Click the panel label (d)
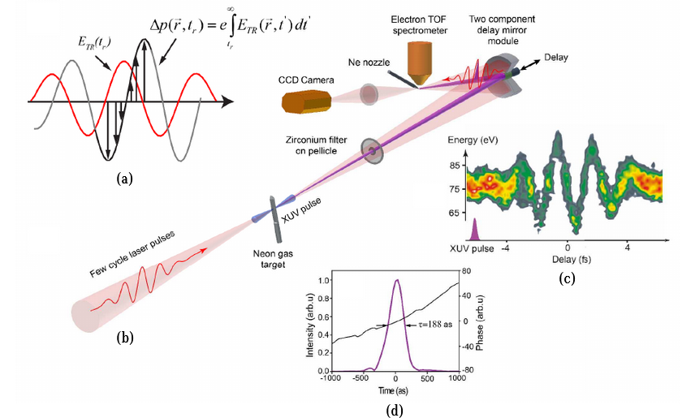395,409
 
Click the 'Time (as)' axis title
395,390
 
